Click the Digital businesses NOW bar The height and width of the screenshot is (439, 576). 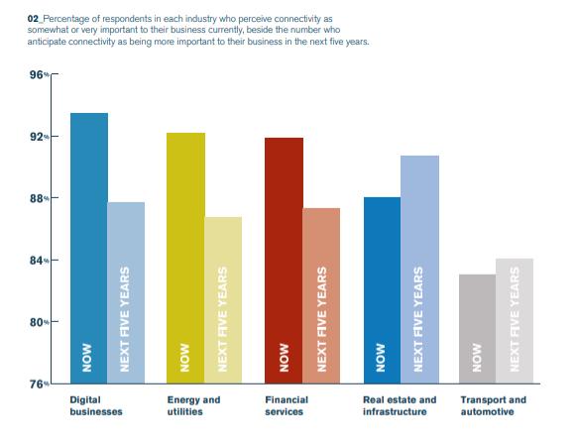pos(89,248)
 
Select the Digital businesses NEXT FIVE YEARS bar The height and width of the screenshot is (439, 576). pos(126,293)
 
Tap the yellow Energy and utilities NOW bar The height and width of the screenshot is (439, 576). pos(185,258)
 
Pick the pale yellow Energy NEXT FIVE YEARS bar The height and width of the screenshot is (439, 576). pos(223,300)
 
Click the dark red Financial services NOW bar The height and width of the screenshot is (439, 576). pos(284,261)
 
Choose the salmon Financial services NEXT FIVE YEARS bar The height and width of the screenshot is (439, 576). pos(321,296)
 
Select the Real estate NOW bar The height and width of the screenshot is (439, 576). pos(382,290)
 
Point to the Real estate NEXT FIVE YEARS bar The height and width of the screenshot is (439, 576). pos(419,270)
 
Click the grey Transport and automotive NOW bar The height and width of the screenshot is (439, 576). pos(477,329)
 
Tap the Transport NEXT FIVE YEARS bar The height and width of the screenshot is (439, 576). pos(515,321)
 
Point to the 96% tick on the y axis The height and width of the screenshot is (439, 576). pos(55,74)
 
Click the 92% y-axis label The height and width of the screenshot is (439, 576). pos(40,137)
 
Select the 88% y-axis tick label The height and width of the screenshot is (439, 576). pos(40,198)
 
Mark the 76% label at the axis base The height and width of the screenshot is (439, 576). pos(40,384)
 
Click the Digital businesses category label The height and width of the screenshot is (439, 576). pos(96,405)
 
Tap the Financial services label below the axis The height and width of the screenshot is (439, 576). pos(287,405)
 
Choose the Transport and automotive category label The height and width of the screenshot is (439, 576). pos(494,405)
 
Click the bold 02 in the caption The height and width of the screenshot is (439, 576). pos(33,19)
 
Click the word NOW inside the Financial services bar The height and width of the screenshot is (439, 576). pos(284,358)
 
